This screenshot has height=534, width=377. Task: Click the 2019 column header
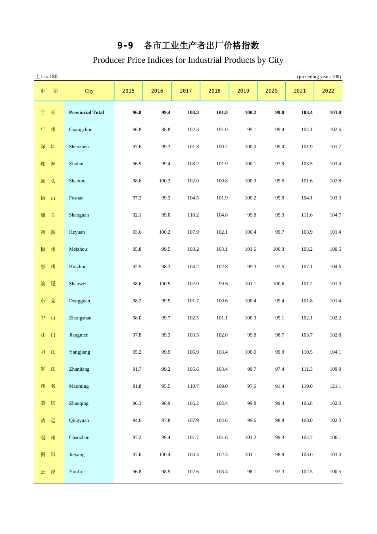click(x=243, y=91)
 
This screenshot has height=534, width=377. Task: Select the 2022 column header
click(x=328, y=91)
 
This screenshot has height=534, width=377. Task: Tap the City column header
click(x=89, y=91)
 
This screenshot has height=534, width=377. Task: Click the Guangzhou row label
click(x=81, y=130)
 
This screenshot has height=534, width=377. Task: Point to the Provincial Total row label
click(x=87, y=112)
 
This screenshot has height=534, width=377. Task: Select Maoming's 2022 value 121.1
click(x=335, y=386)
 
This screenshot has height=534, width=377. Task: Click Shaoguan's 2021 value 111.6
click(x=307, y=215)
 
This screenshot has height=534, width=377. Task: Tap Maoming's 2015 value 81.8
click(x=137, y=386)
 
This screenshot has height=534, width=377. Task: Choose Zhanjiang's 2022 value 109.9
click(x=335, y=369)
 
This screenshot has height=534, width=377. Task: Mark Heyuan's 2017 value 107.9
click(x=193, y=232)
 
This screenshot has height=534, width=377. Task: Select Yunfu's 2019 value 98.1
click(x=252, y=472)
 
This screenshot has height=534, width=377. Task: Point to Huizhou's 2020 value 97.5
click(x=280, y=267)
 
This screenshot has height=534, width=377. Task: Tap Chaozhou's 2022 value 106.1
click(x=335, y=437)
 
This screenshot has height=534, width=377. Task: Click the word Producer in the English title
click(x=108, y=60)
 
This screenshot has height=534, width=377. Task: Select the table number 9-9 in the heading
click(x=125, y=46)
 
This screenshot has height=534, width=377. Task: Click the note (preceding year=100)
click(x=319, y=77)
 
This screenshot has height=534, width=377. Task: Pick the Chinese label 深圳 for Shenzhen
click(x=48, y=147)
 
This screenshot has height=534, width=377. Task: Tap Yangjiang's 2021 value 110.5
click(x=307, y=352)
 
